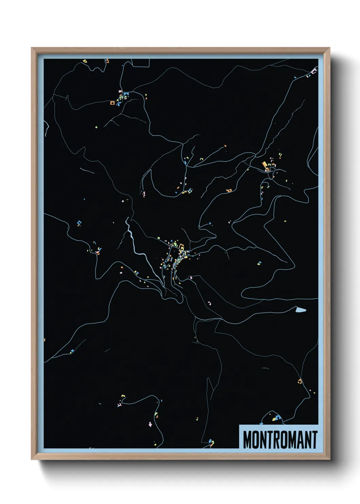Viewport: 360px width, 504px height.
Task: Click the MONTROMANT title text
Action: tap(280, 440)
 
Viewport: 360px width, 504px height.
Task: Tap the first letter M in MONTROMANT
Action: tap(247, 440)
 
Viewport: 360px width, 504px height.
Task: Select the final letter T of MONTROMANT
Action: tap(314, 440)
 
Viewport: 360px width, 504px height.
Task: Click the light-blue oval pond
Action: tap(301, 310)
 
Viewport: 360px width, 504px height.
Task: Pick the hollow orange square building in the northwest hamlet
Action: tap(112, 102)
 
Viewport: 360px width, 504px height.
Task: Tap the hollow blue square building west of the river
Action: tap(80, 223)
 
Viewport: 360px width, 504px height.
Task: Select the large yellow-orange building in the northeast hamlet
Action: tap(265, 166)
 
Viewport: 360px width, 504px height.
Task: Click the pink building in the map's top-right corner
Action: tap(314, 71)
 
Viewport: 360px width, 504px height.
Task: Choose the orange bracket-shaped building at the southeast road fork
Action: tap(300, 381)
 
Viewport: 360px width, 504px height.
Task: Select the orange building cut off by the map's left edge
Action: tap(45, 340)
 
